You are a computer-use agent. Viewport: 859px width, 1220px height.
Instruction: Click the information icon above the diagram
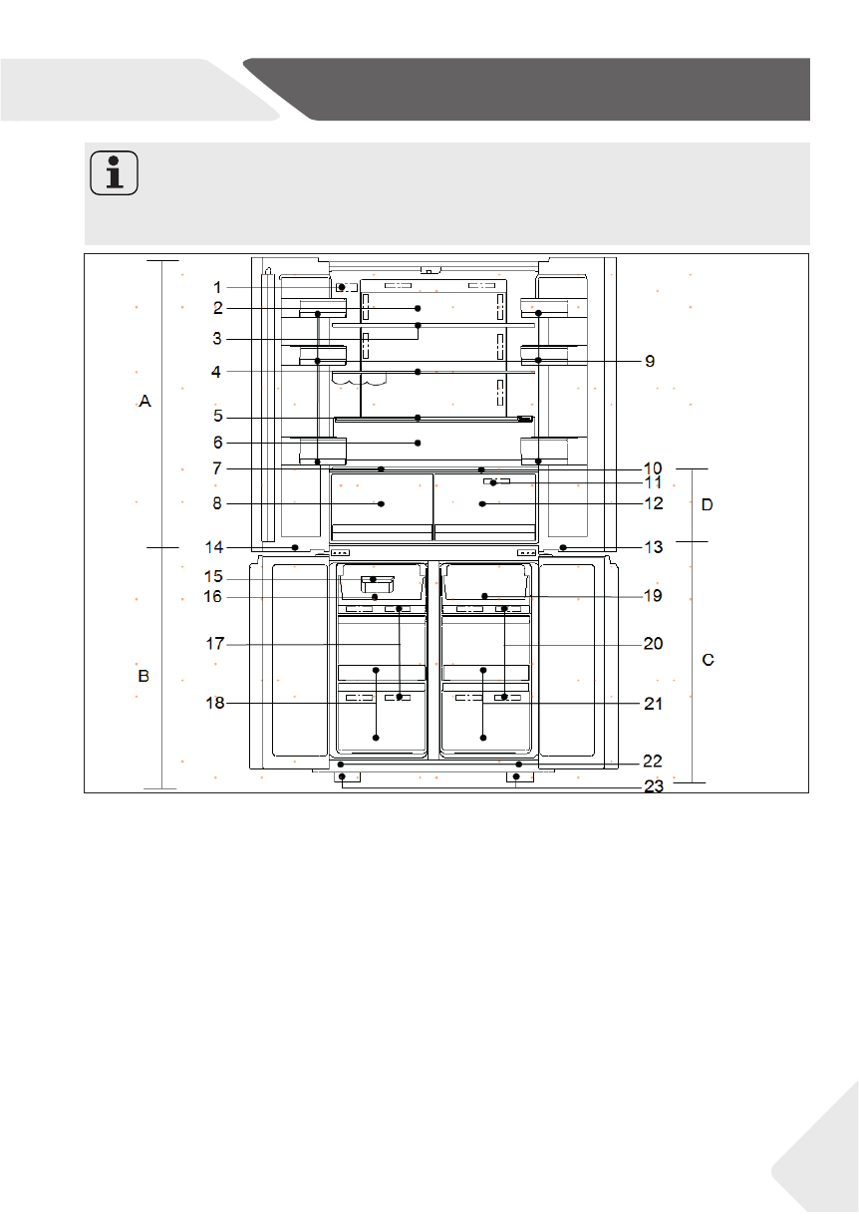[x=114, y=174]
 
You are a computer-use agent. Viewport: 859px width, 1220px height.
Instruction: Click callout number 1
[x=217, y=287]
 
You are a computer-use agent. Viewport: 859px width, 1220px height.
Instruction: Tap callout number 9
[x=649, y=361]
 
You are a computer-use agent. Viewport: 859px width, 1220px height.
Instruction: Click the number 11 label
[x=653, y=482]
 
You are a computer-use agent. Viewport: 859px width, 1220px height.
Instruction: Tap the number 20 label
[x=653, y=644]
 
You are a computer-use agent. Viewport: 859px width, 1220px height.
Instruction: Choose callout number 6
[x=217, y=443]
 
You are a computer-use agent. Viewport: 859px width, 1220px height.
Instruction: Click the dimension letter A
[x=144, y=402]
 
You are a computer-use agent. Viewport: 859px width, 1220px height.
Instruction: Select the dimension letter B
[x=143, y=676]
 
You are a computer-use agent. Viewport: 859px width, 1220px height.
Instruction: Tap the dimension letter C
[x=709, y=661]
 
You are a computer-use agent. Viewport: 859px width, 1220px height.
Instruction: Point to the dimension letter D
[x=708, y=505]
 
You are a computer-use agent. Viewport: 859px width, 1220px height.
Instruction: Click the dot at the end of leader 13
[x=563, y=547]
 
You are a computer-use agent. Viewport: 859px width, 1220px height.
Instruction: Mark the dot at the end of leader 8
[x=382, y=504]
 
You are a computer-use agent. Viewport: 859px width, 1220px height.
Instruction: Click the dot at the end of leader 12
[x=482, y=504]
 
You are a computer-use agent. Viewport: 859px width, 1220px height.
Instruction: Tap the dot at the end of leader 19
[x=484, y=596]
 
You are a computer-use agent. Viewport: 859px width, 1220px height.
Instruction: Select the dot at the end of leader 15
[x=374, y=579]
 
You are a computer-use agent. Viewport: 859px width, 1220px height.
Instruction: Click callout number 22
[x=653, y=761]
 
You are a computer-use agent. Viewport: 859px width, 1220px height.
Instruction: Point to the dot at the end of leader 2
[x=419, y=308]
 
